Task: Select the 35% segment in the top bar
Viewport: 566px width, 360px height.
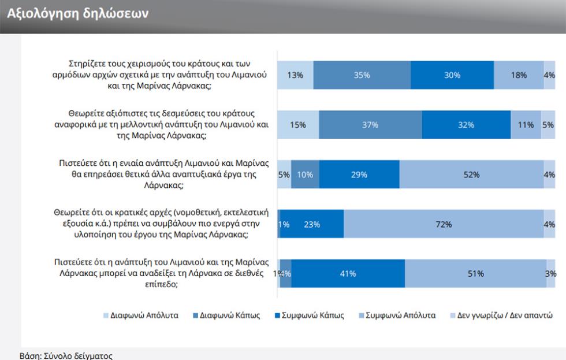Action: click(362, 75)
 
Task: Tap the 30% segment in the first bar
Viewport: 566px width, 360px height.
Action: click(452, 75)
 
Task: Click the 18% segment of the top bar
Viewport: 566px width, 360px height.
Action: click(518, 75)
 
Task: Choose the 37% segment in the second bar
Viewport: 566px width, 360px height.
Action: click(370, 125)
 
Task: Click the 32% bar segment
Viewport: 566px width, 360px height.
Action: click(466, 125)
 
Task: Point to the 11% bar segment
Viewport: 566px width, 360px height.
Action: click(525, 125)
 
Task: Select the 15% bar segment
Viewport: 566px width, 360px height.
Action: click(298, 125)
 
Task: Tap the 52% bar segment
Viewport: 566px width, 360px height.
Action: click(471, 175)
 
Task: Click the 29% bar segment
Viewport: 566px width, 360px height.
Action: click(359, 175)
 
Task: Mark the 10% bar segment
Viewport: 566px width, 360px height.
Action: click(305, 175)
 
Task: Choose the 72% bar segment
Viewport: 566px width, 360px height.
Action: click(443, 225)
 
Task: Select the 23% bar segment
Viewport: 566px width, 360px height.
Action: click(312, 225)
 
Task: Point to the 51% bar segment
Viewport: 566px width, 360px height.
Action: click(475, 274)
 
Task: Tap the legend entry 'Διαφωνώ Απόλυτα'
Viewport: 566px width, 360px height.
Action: click(141, 316)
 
